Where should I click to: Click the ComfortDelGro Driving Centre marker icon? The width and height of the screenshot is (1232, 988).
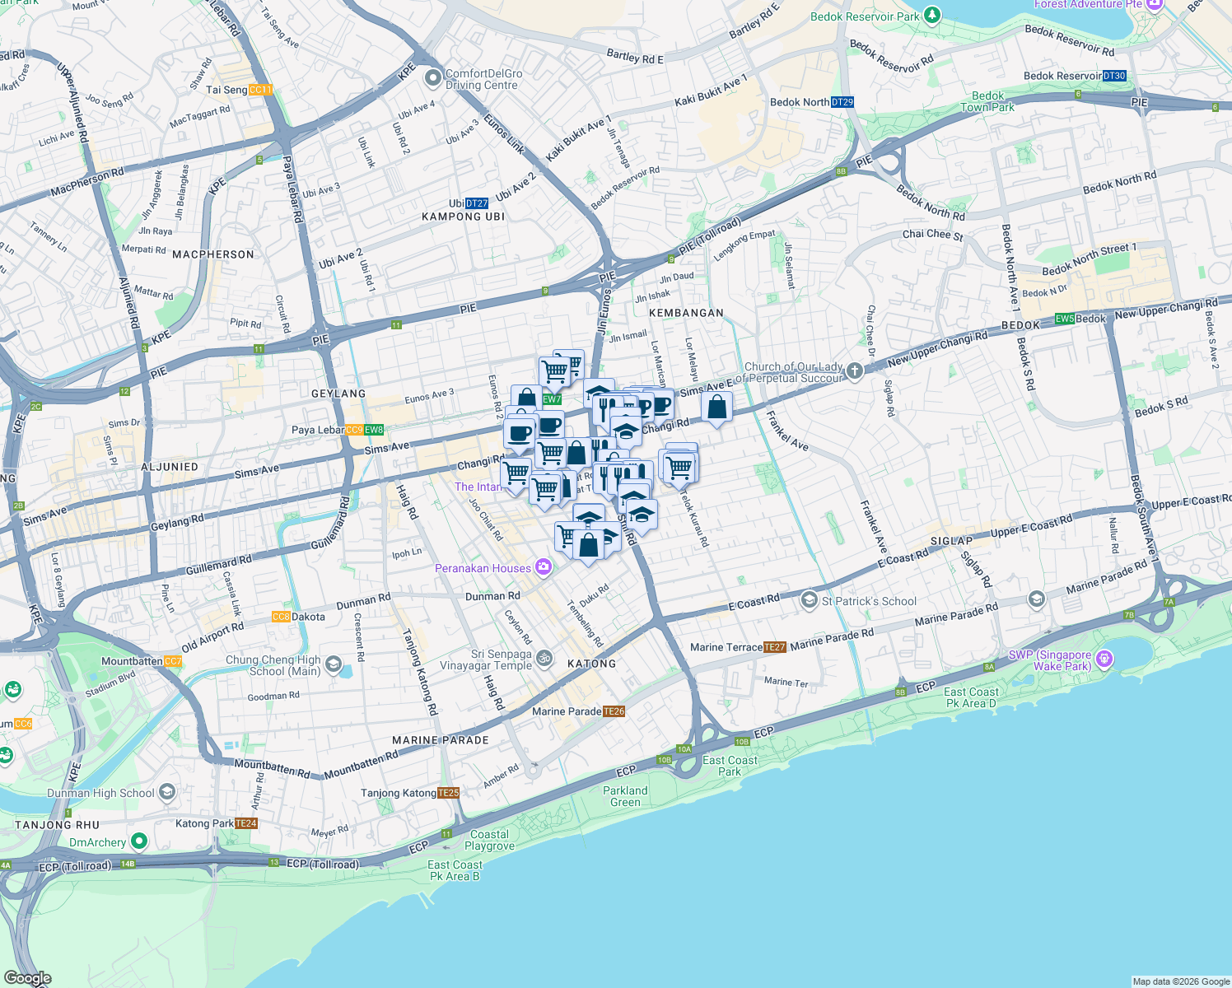coord(433,79)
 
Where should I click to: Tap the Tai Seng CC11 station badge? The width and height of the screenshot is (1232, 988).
coord(260,90)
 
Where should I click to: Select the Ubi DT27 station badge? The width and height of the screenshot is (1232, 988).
coord(477,203)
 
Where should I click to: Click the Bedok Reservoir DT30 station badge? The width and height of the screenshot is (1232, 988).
coord(1114,76)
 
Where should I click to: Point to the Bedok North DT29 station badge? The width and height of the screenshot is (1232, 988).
coord(842,102)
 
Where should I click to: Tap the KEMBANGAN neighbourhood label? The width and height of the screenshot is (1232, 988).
coord(686,313)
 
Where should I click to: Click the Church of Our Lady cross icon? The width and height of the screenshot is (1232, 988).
coord(855,371)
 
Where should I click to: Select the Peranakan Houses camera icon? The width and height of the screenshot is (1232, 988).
coord(543,566)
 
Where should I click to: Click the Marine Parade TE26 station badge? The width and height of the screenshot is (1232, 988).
coord(614,711)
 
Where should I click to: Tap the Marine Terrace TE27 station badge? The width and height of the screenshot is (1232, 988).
coord(775,647)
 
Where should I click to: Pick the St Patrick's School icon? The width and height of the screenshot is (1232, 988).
coord(810,600)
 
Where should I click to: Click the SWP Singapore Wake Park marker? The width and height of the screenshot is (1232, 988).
coord(1105,659)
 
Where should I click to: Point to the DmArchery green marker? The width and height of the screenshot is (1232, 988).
coord(139,841)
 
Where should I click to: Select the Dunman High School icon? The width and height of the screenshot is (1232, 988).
coord(167,792)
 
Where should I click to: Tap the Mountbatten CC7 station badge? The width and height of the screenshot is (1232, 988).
coord(173,661)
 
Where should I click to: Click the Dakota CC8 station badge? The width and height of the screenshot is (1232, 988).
coord(281,617)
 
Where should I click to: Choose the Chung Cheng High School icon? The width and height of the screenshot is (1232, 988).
coord(334,664)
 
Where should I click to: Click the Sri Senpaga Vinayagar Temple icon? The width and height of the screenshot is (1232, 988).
coord(544,658)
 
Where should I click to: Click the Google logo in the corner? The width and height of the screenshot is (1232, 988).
coord(27,978)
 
